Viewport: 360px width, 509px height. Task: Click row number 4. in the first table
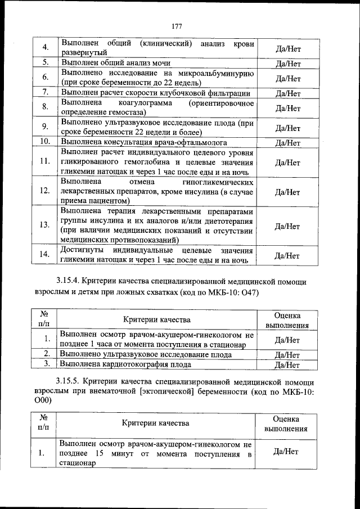[x=45, y=47]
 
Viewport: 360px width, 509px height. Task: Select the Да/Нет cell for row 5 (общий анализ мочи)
[x=287, y=64]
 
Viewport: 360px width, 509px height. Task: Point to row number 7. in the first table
[x=45, y=92]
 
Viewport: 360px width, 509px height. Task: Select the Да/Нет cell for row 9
[x=287, y=128]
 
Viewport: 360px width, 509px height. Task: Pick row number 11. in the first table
[x=45, y=162]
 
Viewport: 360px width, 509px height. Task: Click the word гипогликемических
[x=218, y=183]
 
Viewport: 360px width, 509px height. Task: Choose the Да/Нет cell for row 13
[x=287, y=226]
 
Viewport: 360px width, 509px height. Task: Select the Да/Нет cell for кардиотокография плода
[x=287, y=365]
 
